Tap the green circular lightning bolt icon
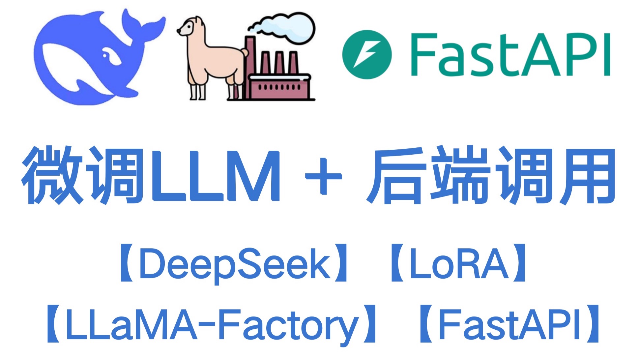[x=367, y=54]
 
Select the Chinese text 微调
[x=82, y=175]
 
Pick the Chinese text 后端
[x=428, y=175]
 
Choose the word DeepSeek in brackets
[x=235, y=264]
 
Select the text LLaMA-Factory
[x=211, y=325]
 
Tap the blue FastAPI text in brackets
[x=509, y=325]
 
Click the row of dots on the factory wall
[x=279, y=87]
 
